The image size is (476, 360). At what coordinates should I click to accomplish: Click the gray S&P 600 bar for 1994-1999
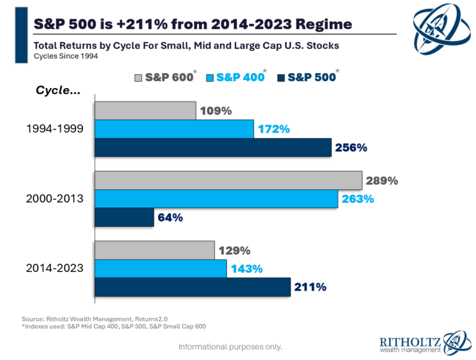145,111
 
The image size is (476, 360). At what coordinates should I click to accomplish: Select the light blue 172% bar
174,130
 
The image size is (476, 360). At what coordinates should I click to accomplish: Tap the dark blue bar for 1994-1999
213,147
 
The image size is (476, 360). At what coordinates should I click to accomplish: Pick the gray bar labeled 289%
228,181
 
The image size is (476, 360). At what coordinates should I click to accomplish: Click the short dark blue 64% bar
124,217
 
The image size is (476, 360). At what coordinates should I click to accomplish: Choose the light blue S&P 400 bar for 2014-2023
161,269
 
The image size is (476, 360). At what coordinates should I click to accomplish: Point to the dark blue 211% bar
192,287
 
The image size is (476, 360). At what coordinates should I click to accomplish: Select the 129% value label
234,251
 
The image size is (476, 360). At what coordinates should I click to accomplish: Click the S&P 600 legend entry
164,77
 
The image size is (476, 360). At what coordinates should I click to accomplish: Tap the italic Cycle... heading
58,90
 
